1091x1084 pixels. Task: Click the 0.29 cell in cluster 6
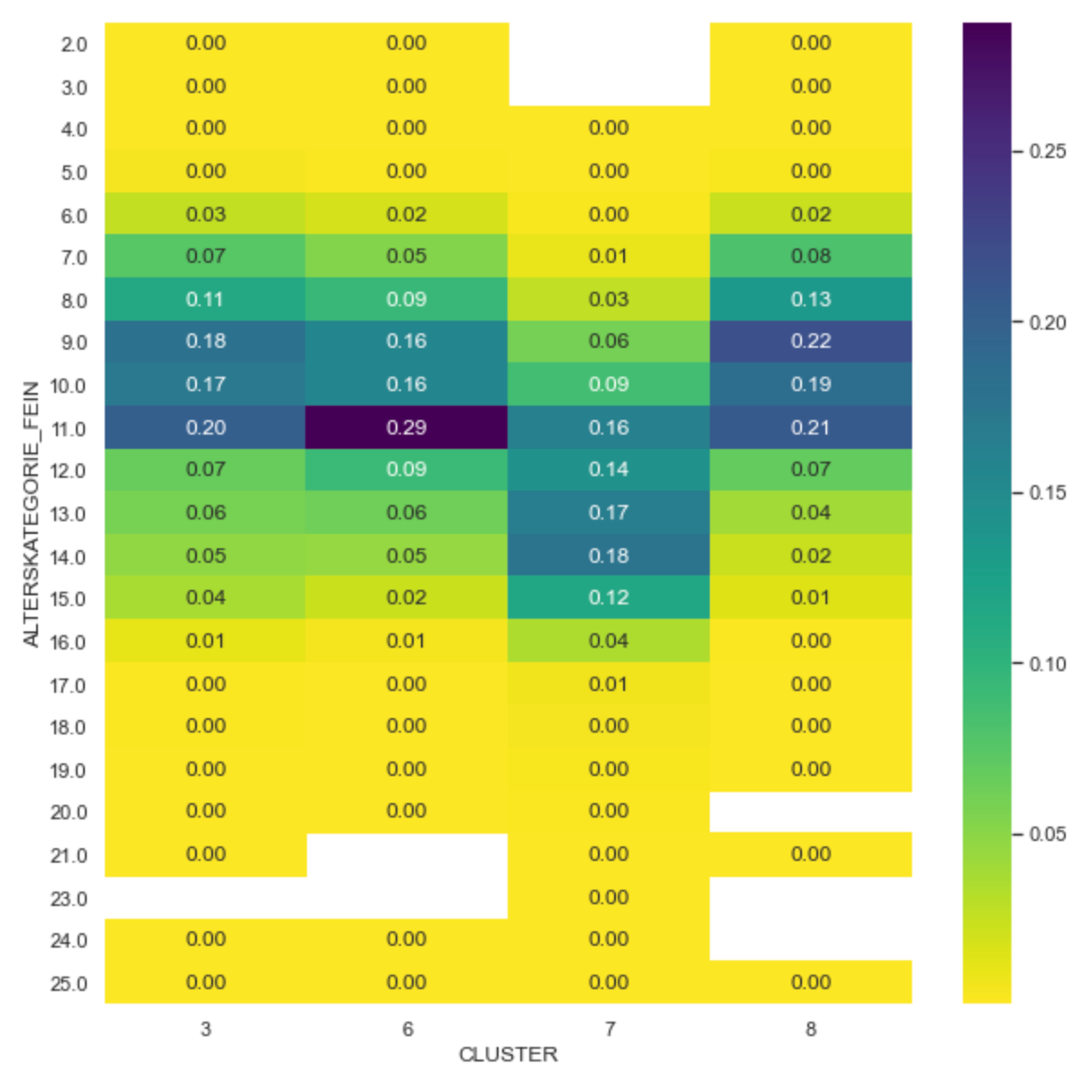(406, 427)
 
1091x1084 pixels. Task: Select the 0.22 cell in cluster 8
(810, 341)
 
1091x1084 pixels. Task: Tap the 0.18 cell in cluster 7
(609, 556)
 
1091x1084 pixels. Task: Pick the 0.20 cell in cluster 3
(206, 427)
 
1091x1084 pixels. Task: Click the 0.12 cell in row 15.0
(609, 598)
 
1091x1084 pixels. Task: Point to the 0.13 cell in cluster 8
(810, 299)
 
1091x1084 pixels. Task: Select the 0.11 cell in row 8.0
(206, 299)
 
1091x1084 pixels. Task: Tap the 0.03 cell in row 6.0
(206, 214)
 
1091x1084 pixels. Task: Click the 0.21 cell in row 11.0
(810, 427)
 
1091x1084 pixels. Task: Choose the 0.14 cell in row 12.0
(609, 470)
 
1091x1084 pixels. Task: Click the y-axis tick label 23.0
(69, 899)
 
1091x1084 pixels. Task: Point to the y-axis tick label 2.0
(74, 44)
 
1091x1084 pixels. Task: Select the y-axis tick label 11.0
(69, 429)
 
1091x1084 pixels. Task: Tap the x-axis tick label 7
(610, 1029)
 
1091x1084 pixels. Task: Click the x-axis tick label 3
(206, 1029)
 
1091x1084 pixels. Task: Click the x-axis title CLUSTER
(508, 1054)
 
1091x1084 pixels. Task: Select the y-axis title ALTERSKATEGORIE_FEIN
(31, 514)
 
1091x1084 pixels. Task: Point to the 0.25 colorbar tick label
(1048, 151)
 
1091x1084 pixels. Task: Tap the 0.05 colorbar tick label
(1048, 834)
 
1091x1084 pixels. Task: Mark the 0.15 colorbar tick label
(1048, 492)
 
